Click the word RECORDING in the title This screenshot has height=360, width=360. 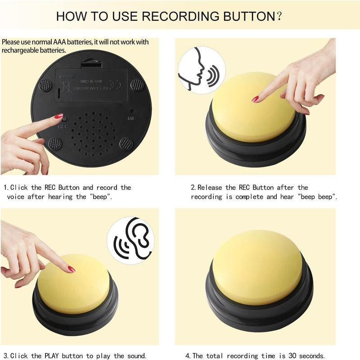point(178,16)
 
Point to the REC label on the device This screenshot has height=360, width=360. point(63,127)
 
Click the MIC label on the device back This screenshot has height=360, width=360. point(131,118)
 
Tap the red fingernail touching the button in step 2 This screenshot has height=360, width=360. point(255,99)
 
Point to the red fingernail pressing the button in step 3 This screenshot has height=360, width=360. point(71,269)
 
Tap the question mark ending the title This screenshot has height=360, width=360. point(279,17)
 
